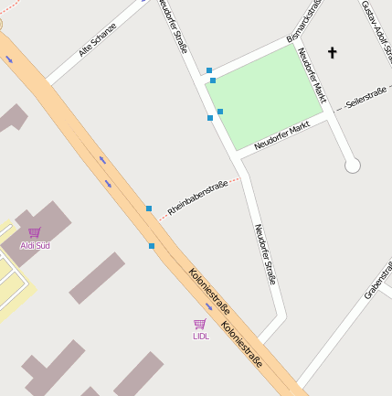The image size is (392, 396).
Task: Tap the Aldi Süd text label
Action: (x=35, y=245)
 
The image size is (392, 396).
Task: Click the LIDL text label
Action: (x=200, y=336)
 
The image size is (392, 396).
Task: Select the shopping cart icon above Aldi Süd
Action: (x=34, y=232)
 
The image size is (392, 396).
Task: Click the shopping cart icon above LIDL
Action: (x=199, y=324)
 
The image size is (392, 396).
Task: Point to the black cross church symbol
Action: (x=332, y=53)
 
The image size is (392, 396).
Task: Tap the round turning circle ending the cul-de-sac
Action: (x=353, y=166)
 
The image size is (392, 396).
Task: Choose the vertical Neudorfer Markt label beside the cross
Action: (x=313, y=73)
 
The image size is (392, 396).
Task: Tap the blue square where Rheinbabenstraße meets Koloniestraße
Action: (x=149, y=209)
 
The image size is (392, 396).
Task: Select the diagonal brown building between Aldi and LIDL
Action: (x=96, y=278)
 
